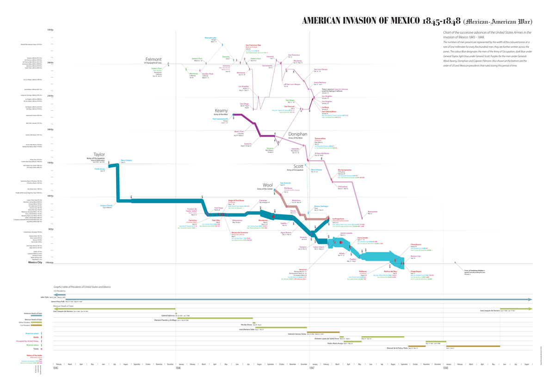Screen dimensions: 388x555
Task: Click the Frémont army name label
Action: pos(153,60)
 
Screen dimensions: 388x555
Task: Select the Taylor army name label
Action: pos(99,155)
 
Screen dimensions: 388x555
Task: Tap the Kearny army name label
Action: pos(221,111)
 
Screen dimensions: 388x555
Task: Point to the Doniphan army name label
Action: pos(297,134)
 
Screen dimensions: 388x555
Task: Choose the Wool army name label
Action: pos(267,185)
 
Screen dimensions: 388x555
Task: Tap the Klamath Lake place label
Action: pos(210,38)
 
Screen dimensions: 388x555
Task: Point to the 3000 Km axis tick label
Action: pos(49,63)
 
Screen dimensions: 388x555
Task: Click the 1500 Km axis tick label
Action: pos(49,163)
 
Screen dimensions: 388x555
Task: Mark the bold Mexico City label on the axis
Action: pos(37,263)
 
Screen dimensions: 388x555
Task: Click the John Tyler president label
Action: pos(44,297)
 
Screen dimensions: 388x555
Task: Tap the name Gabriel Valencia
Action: pos(168,315)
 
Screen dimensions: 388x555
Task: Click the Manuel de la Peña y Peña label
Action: pos(393,347)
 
